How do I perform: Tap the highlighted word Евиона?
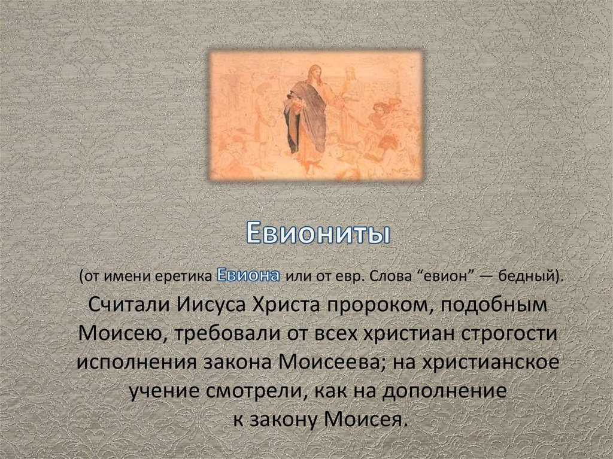click(248, 276)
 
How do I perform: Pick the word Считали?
click(128, 305)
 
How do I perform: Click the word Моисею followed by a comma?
click(119, 333)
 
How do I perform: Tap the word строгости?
click(507, 333)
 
